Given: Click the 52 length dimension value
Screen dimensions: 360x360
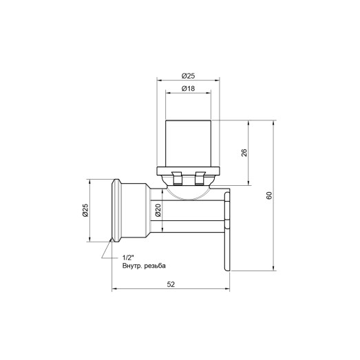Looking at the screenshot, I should [x=169, y=284].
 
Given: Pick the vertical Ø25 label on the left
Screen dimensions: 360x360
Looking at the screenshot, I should [x=85, y=211].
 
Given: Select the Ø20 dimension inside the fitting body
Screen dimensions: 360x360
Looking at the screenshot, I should [x=158, y=211].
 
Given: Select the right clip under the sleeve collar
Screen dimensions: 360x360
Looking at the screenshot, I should [x=202, y=179].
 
